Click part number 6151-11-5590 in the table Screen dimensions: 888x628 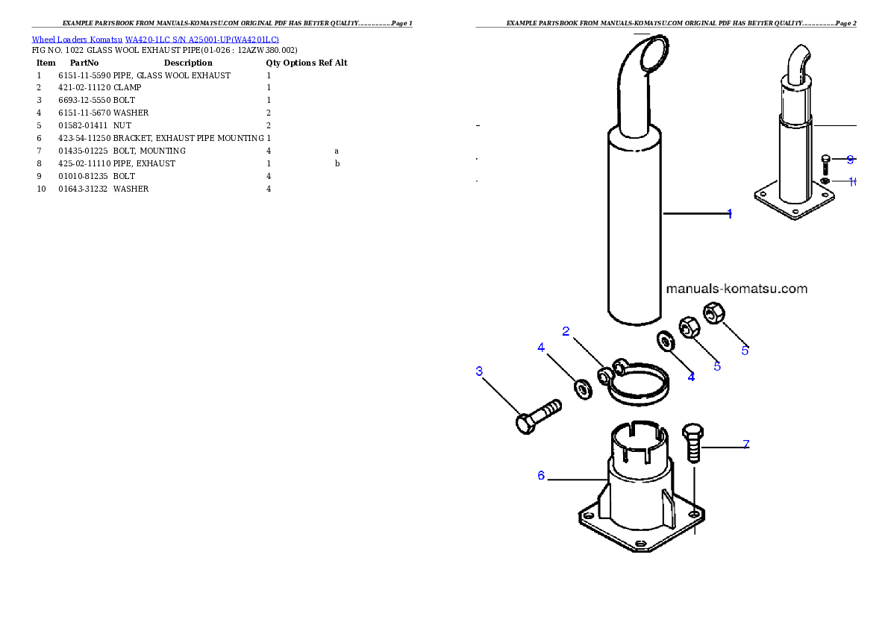[x=84, y=75]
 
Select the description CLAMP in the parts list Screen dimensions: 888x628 [x=128, y=88]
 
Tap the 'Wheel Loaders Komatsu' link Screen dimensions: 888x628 [x=77, y=40]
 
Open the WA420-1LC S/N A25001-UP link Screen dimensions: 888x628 [x=202, y=40]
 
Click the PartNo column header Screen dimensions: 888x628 [x=84, y=63]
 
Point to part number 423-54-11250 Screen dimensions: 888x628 [x=84, y=138]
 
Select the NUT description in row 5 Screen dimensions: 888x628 [x=122, y=126]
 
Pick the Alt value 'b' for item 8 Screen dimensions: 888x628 [x=337, y=163]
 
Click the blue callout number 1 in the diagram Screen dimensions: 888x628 [x=730, y=214]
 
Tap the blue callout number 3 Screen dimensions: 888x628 [x=479, y=371]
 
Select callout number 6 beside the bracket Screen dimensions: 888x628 [x=541, y=476]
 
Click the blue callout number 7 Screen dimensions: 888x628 [x=746, y=445]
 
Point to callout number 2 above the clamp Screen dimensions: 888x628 [x=566, y=331]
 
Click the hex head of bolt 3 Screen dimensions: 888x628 [x=525, y=424]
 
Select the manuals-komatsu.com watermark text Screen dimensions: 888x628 [x=737, y=289]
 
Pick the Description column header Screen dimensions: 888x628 [x=188, y=63]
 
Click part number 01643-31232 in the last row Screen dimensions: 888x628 [x=83, y=189]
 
